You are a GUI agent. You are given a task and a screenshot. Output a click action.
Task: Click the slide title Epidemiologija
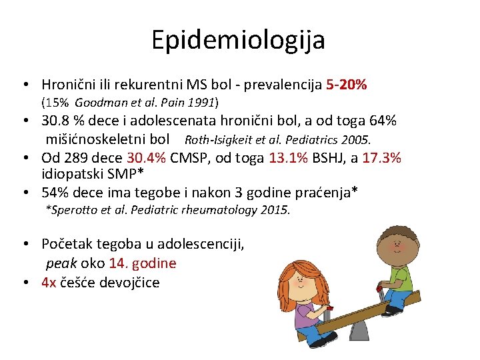(238, 40)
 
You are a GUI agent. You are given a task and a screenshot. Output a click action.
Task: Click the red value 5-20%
(347, 85)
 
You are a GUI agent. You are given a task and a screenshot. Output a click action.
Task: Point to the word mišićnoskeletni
(107, 140)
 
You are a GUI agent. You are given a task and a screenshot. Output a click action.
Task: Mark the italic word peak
(61, 263)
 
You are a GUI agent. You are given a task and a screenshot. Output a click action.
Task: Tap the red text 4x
(49, 282)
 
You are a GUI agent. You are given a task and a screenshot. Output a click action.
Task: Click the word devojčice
(129, 282)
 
